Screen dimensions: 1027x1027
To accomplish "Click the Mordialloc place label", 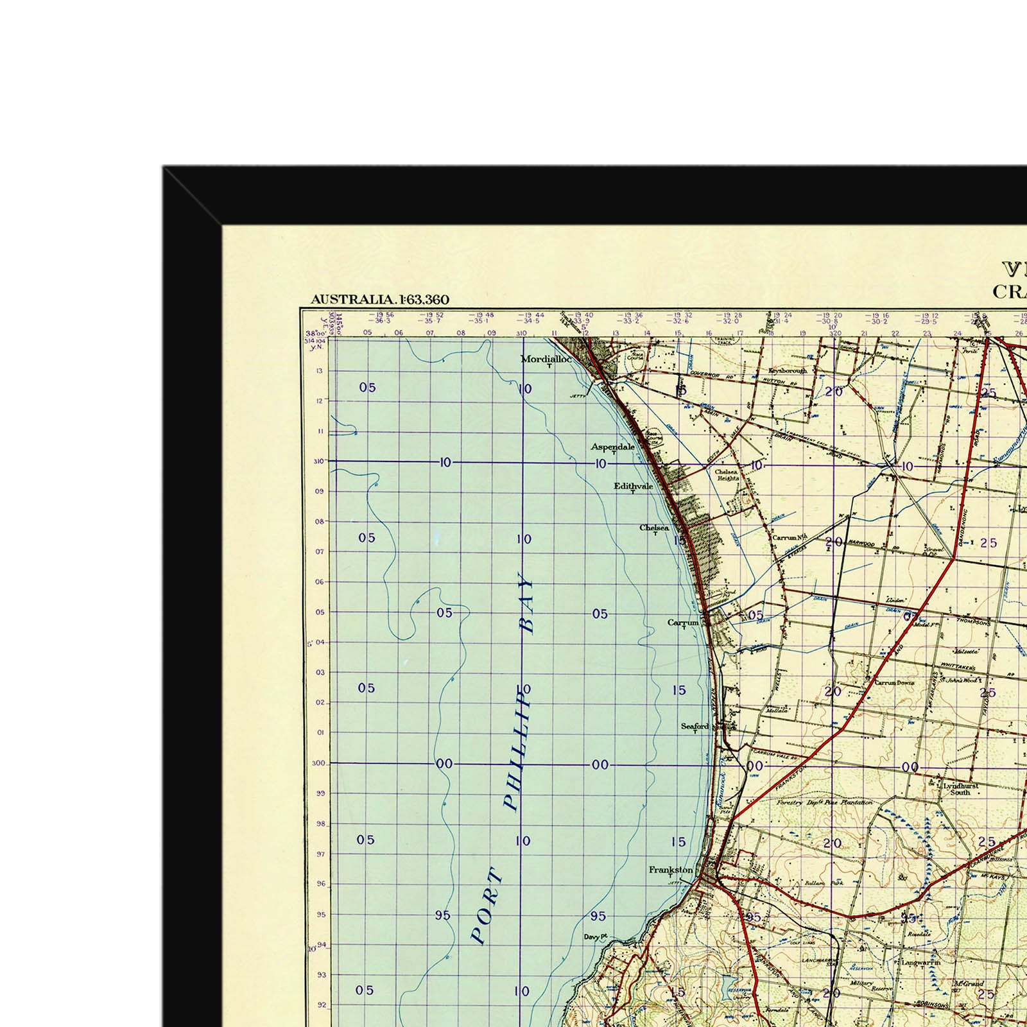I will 546,359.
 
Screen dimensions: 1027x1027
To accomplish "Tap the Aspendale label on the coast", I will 612,447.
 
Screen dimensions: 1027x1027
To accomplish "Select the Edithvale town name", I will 633,486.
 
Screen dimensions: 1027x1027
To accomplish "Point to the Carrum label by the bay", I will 683,623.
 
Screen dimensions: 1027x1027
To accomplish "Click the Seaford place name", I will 695,726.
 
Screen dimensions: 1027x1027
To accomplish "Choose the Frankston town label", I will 671,870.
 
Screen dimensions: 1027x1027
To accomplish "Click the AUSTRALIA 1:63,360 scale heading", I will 379,300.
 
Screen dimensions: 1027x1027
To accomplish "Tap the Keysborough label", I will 788,370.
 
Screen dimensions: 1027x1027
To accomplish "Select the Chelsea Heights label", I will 727,475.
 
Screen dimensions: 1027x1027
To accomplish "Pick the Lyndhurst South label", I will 960,789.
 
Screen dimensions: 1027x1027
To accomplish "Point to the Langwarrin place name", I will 920,963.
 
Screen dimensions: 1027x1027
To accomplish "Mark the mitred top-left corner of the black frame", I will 193,196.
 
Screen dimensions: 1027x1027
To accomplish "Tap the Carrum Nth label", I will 789,537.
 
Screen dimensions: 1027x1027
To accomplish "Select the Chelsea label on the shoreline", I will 654,528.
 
